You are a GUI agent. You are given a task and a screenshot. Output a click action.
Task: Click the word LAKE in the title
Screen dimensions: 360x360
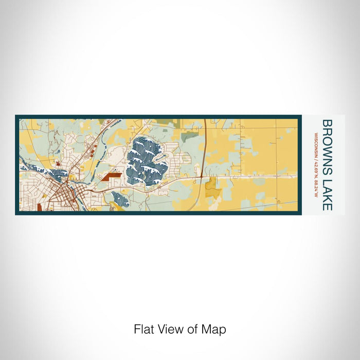click(326, 193)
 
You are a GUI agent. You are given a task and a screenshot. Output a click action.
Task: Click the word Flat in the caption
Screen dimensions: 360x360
click(143, 329)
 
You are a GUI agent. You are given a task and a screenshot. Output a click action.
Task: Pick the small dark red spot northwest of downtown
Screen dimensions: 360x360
click(58, 163)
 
